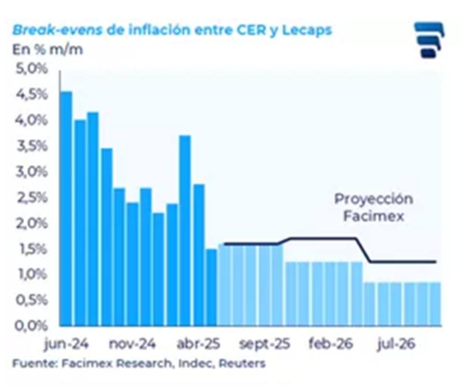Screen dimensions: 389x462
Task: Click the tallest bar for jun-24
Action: coord(66,208)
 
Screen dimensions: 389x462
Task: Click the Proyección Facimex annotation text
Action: coord(374,208)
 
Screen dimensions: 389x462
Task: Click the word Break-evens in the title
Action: coord(57,30)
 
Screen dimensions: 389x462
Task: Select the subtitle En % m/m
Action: coord(47,49)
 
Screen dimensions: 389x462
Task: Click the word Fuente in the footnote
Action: coord(29,364)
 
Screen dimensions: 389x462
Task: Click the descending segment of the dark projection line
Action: coord(364,250)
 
